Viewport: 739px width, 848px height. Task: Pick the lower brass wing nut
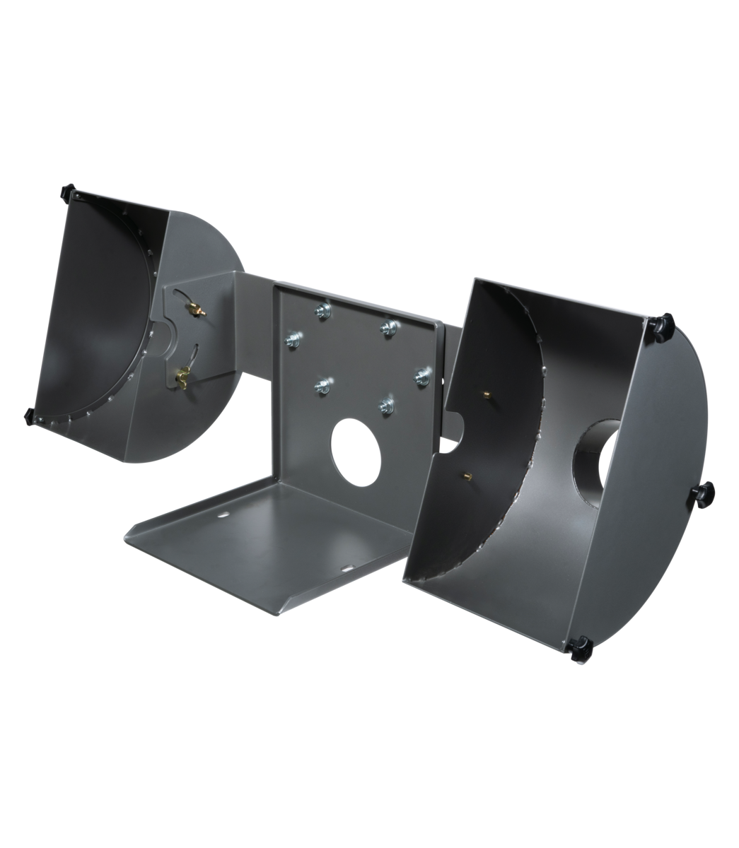click(x=186, y=372)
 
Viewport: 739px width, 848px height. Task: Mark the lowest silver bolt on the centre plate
click(x=386, y=405)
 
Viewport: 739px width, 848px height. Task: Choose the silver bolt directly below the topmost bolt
click(x=322, y=385)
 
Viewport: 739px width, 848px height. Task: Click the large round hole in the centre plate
click(x=357, y=446)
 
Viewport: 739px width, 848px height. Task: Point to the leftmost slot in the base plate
click(x=223, y=515)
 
